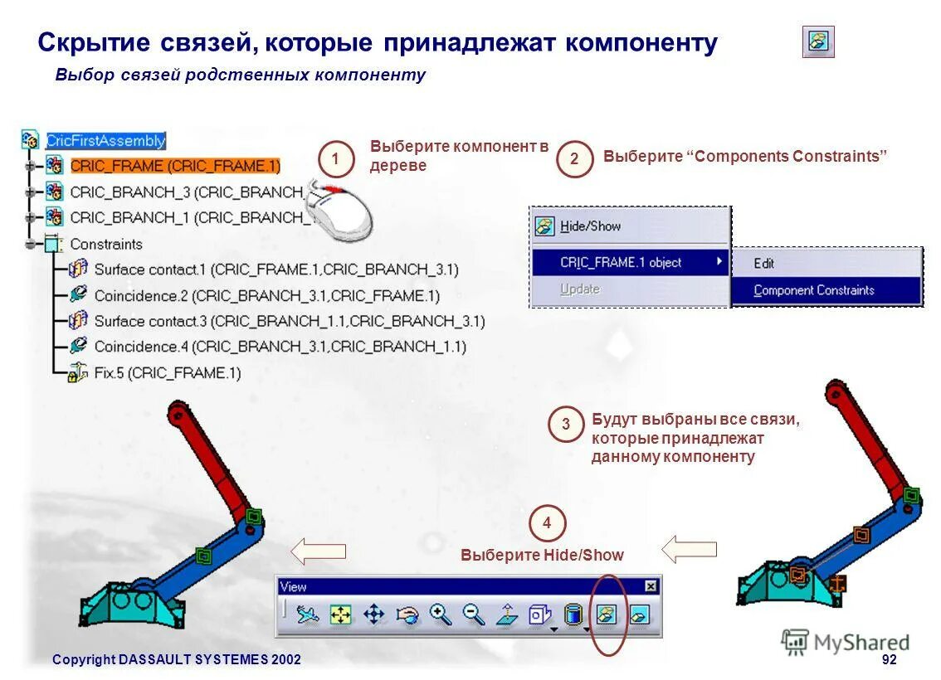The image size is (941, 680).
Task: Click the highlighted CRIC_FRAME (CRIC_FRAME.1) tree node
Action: pos(175,165)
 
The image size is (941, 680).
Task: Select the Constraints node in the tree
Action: pos(105,244)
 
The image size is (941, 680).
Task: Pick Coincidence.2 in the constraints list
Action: pos(266,295)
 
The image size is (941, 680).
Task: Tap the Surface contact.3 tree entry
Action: pos(289,321)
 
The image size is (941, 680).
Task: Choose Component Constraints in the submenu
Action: pos(813,290)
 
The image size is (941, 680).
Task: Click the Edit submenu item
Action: pos(763,263)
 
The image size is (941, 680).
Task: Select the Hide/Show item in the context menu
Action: pos(590,226)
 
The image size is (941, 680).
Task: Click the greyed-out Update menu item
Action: pos(579,289)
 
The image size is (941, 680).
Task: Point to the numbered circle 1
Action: pos(335,158)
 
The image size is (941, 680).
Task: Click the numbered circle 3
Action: pos(566,425)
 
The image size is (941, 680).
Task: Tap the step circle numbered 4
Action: pos(547,523)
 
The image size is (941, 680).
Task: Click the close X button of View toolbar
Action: pos(651,586)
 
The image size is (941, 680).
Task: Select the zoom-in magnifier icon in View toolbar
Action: pos(440,614)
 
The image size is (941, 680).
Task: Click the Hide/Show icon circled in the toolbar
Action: pos(607,614)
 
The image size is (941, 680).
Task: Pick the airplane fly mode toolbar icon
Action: pos(308,614)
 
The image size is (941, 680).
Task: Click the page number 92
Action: pos(889,659)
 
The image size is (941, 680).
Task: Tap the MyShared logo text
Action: pos(861,643)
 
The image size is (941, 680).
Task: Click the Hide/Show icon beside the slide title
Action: pos(818,41)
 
